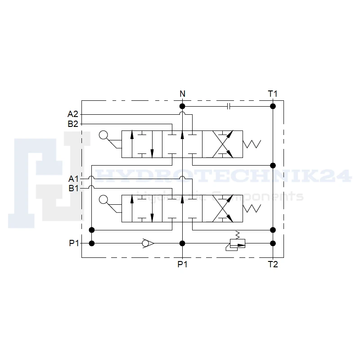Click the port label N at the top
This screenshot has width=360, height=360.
point(182,94)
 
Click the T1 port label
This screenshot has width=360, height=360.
point(273,94)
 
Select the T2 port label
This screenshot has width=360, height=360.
point(273,264)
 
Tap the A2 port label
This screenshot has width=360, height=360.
point(73,114)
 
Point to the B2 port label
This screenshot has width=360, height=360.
point(73,124)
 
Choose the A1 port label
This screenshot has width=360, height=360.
point(73,179)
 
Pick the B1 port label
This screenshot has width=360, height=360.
point(74,188)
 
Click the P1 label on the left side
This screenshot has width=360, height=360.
point(74,243)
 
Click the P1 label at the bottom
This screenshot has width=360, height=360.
point(183,264)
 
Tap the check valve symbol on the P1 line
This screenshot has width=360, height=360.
point(148,243)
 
